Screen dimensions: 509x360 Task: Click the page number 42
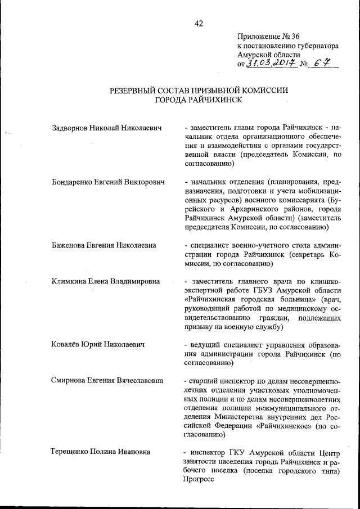tap(199, 23)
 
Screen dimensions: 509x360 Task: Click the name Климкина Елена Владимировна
tap(105, 281)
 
